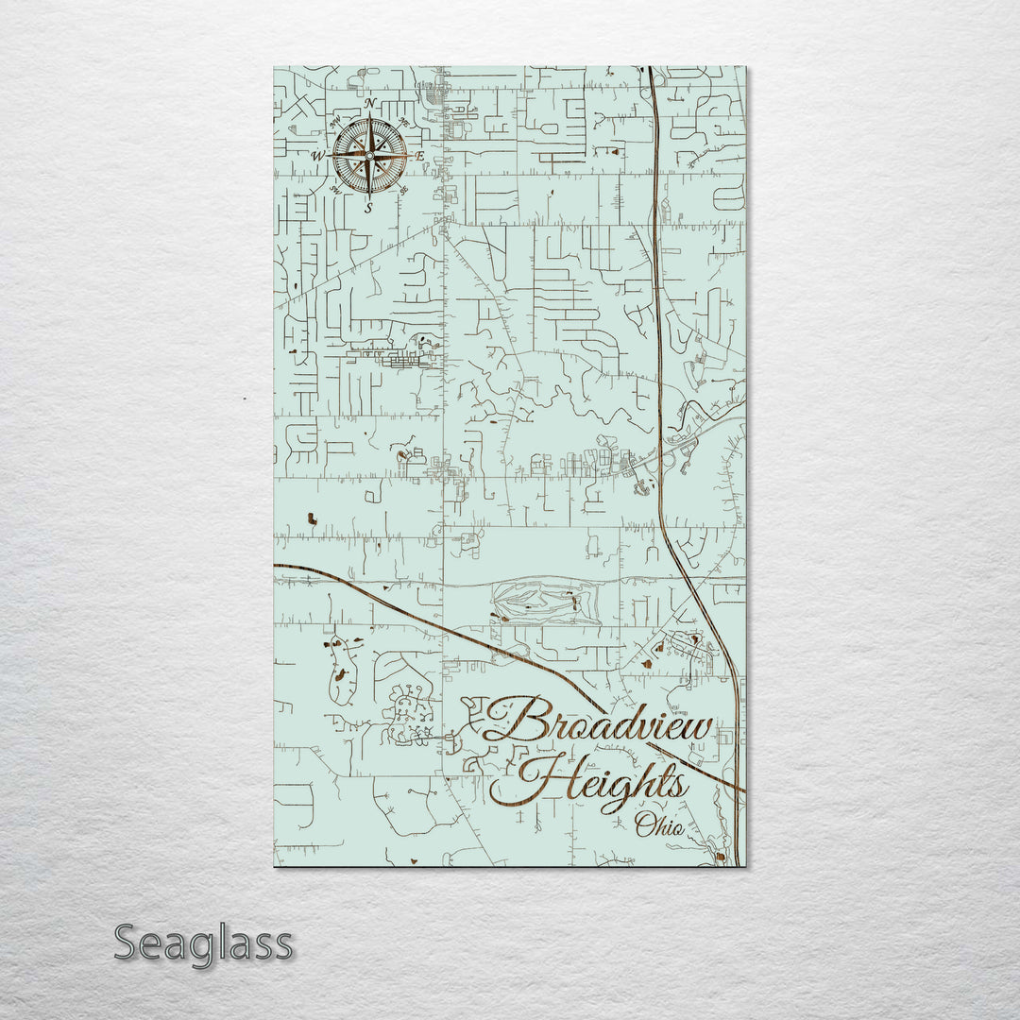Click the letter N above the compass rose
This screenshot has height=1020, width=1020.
(370, 103)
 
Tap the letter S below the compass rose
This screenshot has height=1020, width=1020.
(369, 209)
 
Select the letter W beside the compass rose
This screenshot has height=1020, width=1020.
(318, 157)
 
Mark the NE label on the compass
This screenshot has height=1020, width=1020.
(404, 122)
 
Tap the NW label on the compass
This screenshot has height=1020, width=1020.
(334, 122)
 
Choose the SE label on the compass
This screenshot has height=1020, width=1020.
(404, 190)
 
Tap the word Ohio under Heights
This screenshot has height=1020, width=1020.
(659, 825)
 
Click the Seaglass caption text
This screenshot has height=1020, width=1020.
(203, 943)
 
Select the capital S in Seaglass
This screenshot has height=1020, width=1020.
(128, 942)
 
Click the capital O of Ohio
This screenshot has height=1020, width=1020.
(645, 826)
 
